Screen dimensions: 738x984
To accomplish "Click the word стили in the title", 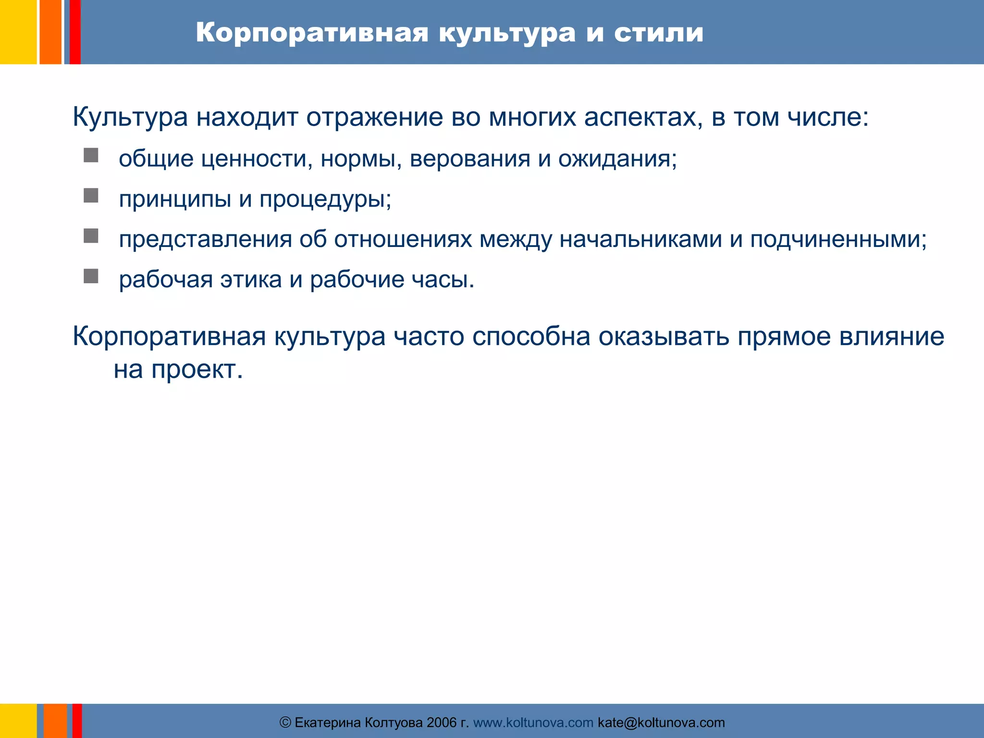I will (x=659, y=33).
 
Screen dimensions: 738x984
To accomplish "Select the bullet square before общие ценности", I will (x=91, y=155).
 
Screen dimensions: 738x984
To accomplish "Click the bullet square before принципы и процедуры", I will (x=91, y=196).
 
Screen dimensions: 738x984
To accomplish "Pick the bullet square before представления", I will (x=91, y=236).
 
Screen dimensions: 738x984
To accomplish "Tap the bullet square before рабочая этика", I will (x=91, y=276).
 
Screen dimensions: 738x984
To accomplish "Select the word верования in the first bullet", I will (x=470, y=159).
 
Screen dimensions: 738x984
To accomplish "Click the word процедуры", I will (x=325, y=199).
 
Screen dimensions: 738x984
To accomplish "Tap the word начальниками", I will (x=640, y=239).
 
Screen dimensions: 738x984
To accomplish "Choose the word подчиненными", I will (x=838, y=239).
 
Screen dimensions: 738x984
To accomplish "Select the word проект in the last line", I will (x=197, y=370).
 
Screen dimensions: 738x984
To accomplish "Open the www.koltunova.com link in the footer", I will (x=533, y=723).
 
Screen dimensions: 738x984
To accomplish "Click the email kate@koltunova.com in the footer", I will (x=661, y=723).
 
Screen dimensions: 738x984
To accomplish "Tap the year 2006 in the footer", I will (x=442, y=723).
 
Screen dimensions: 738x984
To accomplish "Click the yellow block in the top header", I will (x=18, y=32).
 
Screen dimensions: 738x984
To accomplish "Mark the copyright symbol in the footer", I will (x=285, y=723).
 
